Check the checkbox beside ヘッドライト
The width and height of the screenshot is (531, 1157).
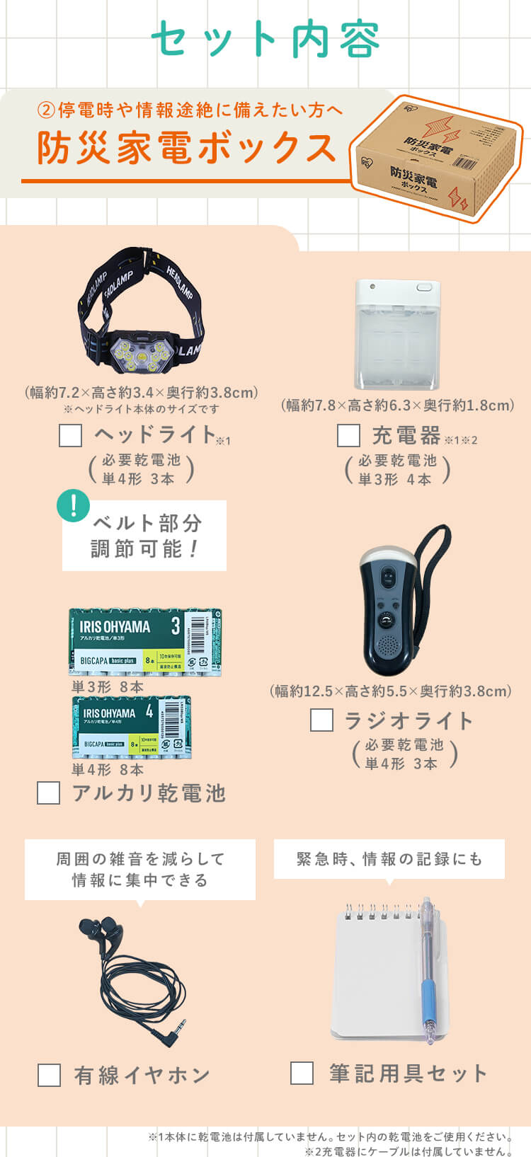tap(70, 435)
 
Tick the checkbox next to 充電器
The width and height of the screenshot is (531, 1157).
tap(348, 435)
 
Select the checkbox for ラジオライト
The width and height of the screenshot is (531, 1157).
tap(321, 720)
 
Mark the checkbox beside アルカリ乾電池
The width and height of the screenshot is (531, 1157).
tap(48, 793)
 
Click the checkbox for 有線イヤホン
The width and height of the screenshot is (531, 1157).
tap(49, 1075)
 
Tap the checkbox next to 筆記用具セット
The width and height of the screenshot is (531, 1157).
tap(302, 1073)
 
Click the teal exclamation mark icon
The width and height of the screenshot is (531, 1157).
tap(73, 507)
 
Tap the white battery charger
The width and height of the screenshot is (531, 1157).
tap(397, 334)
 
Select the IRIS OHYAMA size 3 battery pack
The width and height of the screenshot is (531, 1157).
tap(145, 641)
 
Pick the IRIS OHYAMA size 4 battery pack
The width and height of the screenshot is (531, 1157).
tap(131, 727)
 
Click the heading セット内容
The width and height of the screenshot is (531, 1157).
tap(265, 39)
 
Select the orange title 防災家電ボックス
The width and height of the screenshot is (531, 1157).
tap(187, 147)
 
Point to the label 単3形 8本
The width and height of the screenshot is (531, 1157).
tap(108, 686)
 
